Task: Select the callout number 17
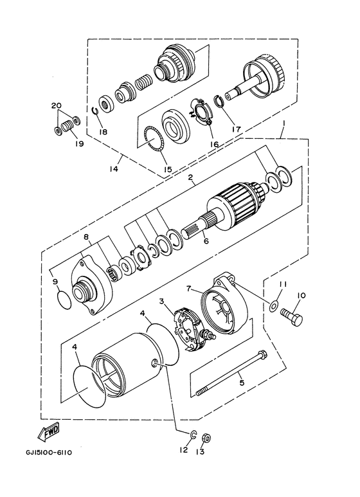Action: click(236, 129)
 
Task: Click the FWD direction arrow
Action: click(51, 435)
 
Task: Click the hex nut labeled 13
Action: click(206, 438)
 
